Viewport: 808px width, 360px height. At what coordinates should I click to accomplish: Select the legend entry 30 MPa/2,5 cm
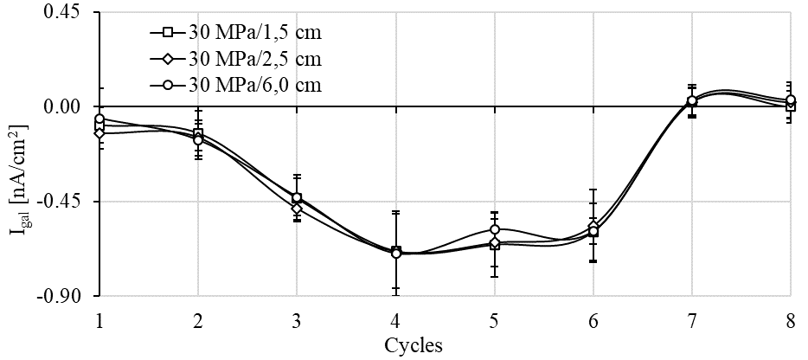[251, 59]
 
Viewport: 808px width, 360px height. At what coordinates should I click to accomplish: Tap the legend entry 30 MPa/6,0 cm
[251, 85]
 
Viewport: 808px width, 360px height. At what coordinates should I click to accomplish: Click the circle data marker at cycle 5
[494, 230]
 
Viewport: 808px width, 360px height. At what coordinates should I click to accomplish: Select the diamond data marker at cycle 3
[297, 209]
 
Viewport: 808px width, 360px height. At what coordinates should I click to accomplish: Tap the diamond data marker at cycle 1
[99, 133]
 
